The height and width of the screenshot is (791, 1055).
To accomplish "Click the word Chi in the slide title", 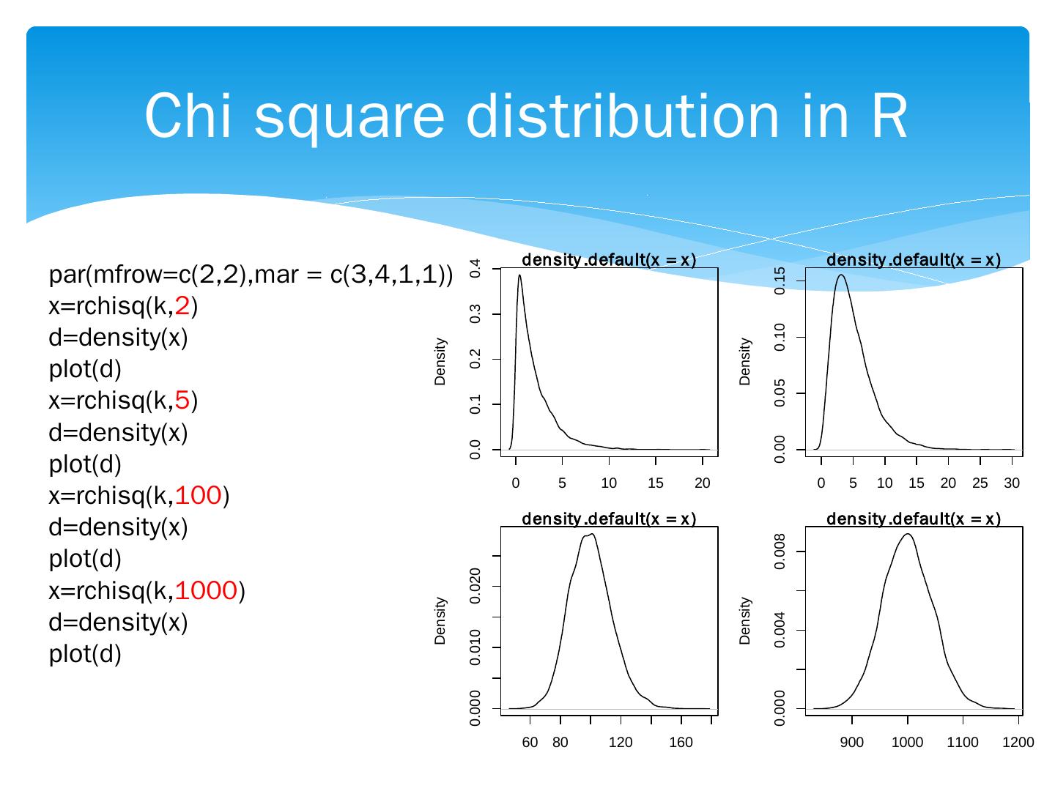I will click(x=191, y=116).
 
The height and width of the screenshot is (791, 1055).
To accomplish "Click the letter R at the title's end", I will click(x=890, y=116).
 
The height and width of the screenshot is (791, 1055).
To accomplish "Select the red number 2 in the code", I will click(x=182, y=307).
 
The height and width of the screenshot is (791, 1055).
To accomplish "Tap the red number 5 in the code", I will click(x=182, y=401).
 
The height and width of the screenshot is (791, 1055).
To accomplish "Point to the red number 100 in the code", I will click(x=199, y=496).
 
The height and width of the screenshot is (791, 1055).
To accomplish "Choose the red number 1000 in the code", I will click(x=207, y=590).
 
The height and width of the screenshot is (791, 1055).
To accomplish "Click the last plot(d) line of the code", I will click(x=85, y=653).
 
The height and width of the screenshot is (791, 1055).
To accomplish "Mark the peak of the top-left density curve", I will click(x=519, y=275).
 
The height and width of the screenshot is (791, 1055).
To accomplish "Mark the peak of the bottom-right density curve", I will click(x=908, y=534).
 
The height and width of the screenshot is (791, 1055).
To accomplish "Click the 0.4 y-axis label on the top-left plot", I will click(x=475, y=269).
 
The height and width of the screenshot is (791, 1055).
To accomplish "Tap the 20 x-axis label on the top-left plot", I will click(x=702, y=483).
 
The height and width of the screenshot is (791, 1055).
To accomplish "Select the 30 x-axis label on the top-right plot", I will click(x=1012, y=483).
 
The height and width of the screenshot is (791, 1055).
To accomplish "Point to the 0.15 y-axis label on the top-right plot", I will click(x=780, y=281).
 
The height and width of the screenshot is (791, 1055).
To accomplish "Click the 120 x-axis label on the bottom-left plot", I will click(x=621, y=743).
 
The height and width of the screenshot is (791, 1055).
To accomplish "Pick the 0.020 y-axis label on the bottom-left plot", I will click(x=475, y=586).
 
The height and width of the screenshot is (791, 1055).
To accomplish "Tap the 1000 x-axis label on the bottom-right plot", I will click(x=908, y=743).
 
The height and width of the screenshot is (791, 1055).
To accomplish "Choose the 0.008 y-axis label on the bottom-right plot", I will click(x=780, y=552).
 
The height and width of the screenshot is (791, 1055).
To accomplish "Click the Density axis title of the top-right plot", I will click(x=745, y=361).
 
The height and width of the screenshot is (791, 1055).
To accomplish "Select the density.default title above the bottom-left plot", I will click(x=608, y=519).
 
